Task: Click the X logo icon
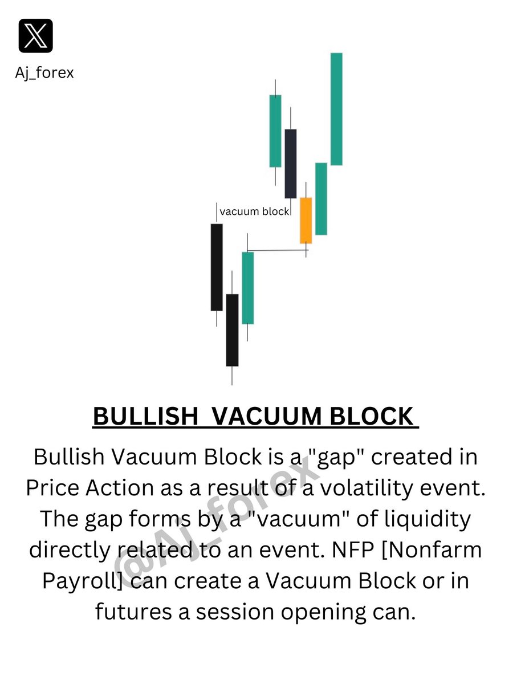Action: tap(35, 35)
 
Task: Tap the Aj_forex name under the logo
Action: tap(44, 73)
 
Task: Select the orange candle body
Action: tap(306, 221)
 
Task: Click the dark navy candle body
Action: tap(291, 164)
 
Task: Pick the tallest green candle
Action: tap(336, 109)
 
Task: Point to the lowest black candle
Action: tap(232, 330)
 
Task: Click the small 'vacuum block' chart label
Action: tap(254, 211)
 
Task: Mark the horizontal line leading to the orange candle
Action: tap(276, 250)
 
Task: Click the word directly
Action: tap(71, 550)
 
